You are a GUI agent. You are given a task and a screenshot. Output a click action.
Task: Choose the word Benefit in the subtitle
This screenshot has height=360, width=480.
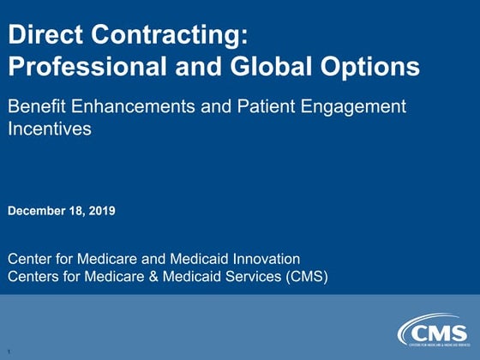[x=37, y=108]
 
